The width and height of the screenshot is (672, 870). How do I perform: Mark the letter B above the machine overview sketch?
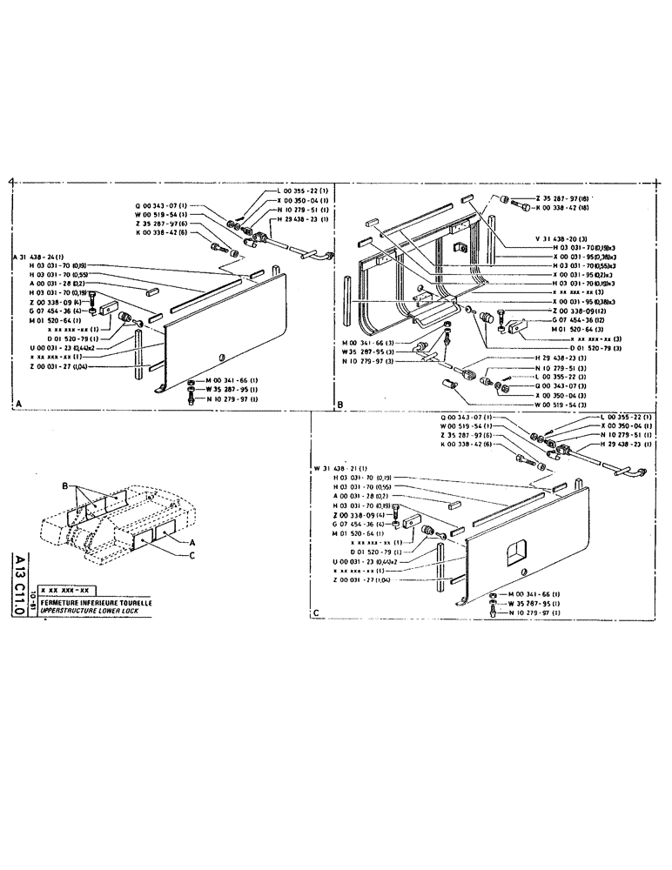tap(64, 485)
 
